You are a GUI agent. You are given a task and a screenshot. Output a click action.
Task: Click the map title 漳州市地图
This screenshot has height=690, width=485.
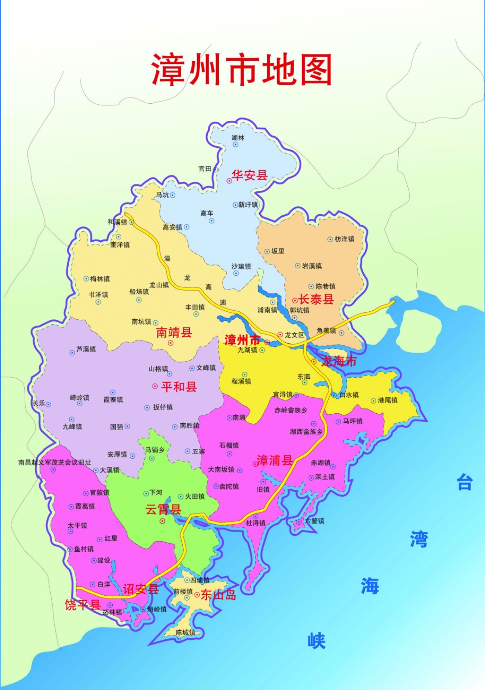[x=242, y=70]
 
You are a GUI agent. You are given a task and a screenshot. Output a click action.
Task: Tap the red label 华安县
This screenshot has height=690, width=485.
[x=249, y=175]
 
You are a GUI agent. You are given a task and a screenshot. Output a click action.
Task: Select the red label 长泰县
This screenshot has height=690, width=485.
[x=316, y=299]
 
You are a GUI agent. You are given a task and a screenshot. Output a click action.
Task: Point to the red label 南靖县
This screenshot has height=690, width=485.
[x=174, y=332]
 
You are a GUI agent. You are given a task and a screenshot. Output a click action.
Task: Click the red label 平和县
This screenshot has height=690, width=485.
[x=179, y=387]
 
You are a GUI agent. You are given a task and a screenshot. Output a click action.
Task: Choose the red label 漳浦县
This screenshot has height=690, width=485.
[x=274, y=460]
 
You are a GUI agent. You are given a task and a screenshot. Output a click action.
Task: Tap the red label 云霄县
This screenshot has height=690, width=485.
[x=163, y=509]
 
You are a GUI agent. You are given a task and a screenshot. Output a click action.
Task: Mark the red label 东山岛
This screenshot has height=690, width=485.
[x=218, y=595]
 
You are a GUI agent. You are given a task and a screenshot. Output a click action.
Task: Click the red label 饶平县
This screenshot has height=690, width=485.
[x=83, y=605]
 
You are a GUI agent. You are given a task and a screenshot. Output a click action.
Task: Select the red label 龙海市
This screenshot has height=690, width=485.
[x=339, y=361]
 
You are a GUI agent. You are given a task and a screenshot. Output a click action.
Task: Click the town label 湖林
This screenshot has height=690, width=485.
[x=238, y=138]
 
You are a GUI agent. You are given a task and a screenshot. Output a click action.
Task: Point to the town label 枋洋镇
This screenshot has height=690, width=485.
[x=344, y=239]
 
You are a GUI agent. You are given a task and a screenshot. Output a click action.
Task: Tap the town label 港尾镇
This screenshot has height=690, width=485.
[x=388, y=400]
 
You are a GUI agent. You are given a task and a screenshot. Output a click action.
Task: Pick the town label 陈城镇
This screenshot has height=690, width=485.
[x=185, y=632]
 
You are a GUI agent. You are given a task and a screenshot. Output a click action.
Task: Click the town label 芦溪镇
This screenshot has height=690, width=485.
[x=86, y=349]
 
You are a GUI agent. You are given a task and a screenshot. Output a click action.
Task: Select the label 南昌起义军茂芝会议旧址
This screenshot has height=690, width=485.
[x=54, y=462]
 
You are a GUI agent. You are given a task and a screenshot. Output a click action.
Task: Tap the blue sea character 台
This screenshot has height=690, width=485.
[x=465, y=483]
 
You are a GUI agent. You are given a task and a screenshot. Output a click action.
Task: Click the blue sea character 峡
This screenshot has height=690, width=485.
[x=317, y=641]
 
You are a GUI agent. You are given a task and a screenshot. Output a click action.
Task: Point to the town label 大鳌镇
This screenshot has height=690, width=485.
[x=314, y=521]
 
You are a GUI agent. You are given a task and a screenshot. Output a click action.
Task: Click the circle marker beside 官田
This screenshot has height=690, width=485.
[x=216, y=169]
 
